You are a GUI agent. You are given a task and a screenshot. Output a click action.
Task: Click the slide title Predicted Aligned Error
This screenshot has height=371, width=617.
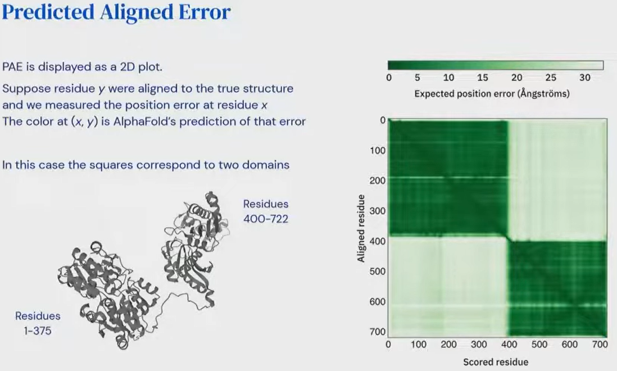[x=116, y=12]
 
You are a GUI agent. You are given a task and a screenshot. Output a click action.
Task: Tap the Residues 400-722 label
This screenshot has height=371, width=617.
[x=266, y=211]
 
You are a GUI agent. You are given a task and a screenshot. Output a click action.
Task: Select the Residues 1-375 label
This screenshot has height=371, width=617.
[x=38, y=323]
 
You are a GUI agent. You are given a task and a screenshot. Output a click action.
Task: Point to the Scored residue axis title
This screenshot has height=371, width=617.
[x=496, y=362]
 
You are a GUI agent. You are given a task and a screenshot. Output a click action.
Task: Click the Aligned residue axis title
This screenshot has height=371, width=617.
[x=361, y=228]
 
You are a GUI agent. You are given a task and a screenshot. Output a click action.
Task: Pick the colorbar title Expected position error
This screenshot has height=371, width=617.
[x=492, y=94]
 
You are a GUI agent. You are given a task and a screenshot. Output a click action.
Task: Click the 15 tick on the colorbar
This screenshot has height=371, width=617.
[x=483, y=78]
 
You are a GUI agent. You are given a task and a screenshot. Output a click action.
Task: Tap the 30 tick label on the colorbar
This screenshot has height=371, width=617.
[x=585, y=78]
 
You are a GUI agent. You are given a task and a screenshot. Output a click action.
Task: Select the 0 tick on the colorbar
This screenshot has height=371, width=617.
[x=389, y=78]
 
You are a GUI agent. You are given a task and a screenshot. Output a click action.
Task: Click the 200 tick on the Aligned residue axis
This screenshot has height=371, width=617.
[x=378, y=180]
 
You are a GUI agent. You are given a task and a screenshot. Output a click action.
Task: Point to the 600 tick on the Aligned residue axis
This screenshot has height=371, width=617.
[x=378, y=302]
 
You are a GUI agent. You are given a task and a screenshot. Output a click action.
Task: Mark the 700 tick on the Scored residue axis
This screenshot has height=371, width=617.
[x=600, y=345]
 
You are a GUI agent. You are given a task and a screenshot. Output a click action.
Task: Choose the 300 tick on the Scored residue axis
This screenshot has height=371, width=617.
[x=479, y=345]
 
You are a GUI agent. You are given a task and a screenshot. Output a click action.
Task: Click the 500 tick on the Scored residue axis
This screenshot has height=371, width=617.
[x=539, y=345]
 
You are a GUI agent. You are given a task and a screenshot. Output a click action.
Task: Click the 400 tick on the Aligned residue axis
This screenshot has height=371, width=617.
[x=378, y=241]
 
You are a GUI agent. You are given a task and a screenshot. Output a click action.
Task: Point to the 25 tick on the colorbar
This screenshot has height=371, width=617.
[x=551, y=78]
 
